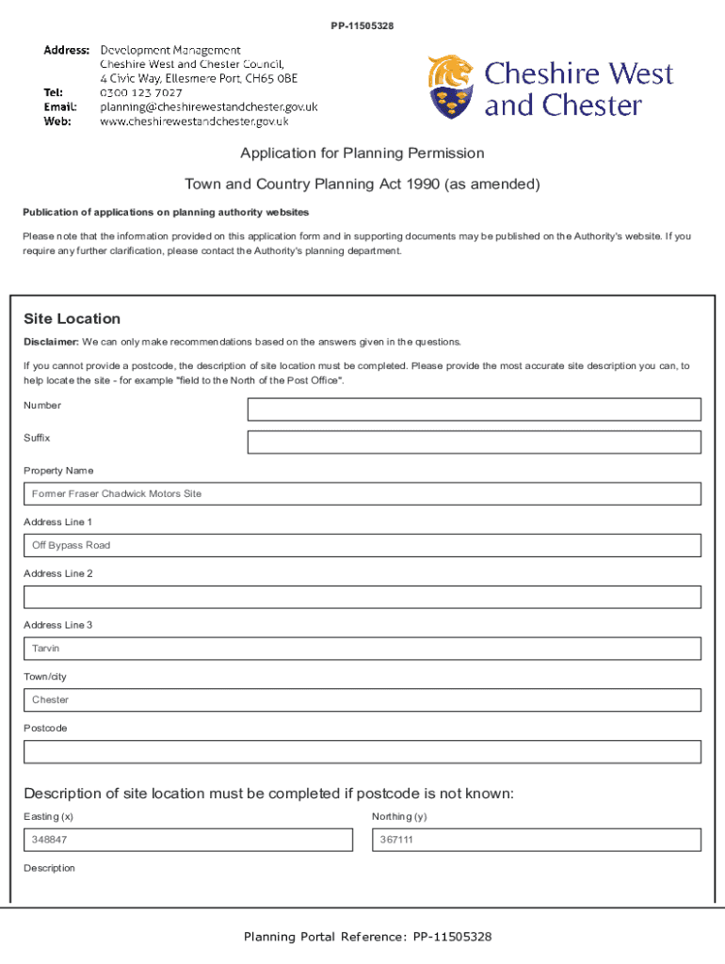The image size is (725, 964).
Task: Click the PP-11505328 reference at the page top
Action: point(362,25)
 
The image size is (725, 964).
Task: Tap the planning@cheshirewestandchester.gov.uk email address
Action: point(209,106)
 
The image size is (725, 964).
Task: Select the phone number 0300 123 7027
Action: point(141,92)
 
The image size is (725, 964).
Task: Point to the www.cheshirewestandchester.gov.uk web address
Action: point(194,120)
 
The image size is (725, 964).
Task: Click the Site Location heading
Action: point(72,319)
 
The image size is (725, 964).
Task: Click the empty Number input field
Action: point(474,410)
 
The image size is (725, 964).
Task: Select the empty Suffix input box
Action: point(474,442)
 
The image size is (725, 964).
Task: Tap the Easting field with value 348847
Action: point(188,840)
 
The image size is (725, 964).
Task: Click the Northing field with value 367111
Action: point(536,840)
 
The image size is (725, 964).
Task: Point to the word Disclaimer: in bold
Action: point(51,342)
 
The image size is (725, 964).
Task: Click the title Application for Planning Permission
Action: point(362,153)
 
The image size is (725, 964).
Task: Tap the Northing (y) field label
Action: point(399,816)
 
